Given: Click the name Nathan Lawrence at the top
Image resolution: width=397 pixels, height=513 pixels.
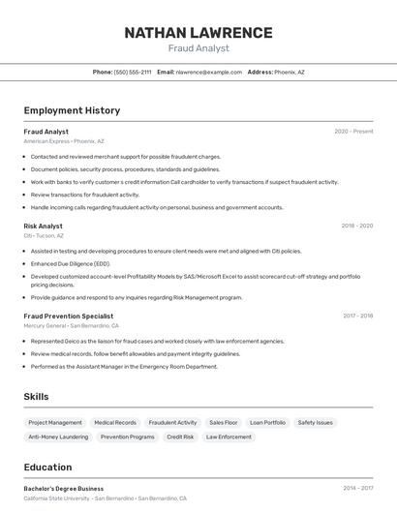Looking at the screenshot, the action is tap(198, 32).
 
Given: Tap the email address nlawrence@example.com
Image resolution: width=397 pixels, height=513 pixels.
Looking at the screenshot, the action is tap(208, 72).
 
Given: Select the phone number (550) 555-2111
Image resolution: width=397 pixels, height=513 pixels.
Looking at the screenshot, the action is tap(133, 72).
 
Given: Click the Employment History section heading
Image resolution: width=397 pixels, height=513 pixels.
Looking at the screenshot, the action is tap(72, 110).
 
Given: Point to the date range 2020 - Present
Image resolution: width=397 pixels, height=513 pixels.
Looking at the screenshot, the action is tap(353, 132).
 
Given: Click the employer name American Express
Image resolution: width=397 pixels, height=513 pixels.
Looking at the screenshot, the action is tap(46, 141).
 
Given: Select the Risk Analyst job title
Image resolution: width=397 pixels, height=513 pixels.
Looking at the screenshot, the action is tap(44, 226).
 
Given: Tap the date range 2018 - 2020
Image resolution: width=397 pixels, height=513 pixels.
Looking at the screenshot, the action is tap(356, 226).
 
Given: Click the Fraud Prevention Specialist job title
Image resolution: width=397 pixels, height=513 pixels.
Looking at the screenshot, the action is tap(69, 316).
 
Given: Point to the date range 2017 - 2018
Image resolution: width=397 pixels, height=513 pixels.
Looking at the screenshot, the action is tap(357, 316).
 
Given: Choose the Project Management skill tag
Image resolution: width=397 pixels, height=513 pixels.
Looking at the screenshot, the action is tap(55, 422).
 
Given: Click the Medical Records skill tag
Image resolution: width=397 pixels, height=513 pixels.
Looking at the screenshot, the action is tap(115, 422).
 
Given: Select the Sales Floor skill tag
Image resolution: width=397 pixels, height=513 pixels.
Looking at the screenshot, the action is tap(223, 422).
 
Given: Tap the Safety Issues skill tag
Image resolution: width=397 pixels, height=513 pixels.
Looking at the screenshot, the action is tap(315, 422).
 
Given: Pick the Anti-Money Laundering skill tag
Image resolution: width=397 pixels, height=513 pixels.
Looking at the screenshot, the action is tap(58, 437).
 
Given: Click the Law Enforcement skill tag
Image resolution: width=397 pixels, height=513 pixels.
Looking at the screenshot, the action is tap(229, 437).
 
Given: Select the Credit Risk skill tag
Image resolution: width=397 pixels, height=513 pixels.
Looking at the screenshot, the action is tap(180, 437).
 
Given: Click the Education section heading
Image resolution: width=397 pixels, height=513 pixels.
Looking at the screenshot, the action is tap(47, 467).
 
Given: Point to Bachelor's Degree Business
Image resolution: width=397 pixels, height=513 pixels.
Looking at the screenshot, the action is tap(64, 489).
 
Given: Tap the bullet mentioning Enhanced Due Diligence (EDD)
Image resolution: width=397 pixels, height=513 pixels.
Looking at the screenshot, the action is tap(71, 263).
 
